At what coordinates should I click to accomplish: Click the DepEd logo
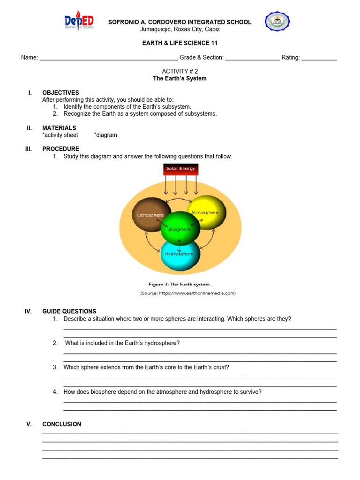coord(79,22)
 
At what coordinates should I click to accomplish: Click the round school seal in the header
coord(277,22)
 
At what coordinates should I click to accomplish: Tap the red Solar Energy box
coord(180,169)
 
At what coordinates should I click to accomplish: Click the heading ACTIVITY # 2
coord(180,71)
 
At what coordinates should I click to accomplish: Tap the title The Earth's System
coord(180,78)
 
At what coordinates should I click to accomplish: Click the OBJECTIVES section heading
coord(60,93)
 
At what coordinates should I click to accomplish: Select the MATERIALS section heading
coord(59,128)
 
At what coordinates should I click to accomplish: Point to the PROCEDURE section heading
coord(60,149)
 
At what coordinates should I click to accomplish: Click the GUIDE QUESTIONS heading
coord(69,311)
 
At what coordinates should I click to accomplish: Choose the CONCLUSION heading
coord(61,424)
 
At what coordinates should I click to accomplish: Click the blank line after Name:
coord(109,59)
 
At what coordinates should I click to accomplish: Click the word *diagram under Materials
coord(105,135)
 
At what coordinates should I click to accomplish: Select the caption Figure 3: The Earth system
coord(180,284)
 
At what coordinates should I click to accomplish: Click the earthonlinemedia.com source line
coord(188,293)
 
